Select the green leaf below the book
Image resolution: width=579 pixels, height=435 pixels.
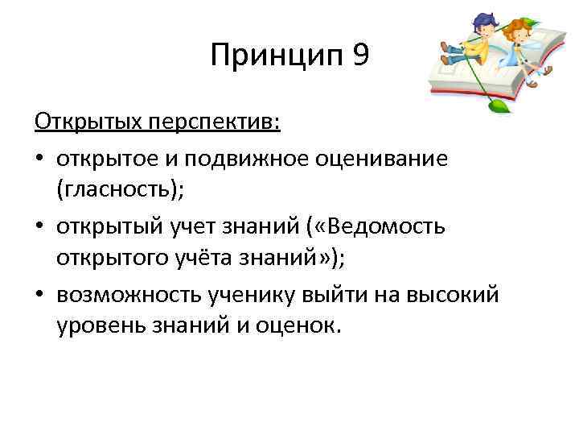(499, 105)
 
